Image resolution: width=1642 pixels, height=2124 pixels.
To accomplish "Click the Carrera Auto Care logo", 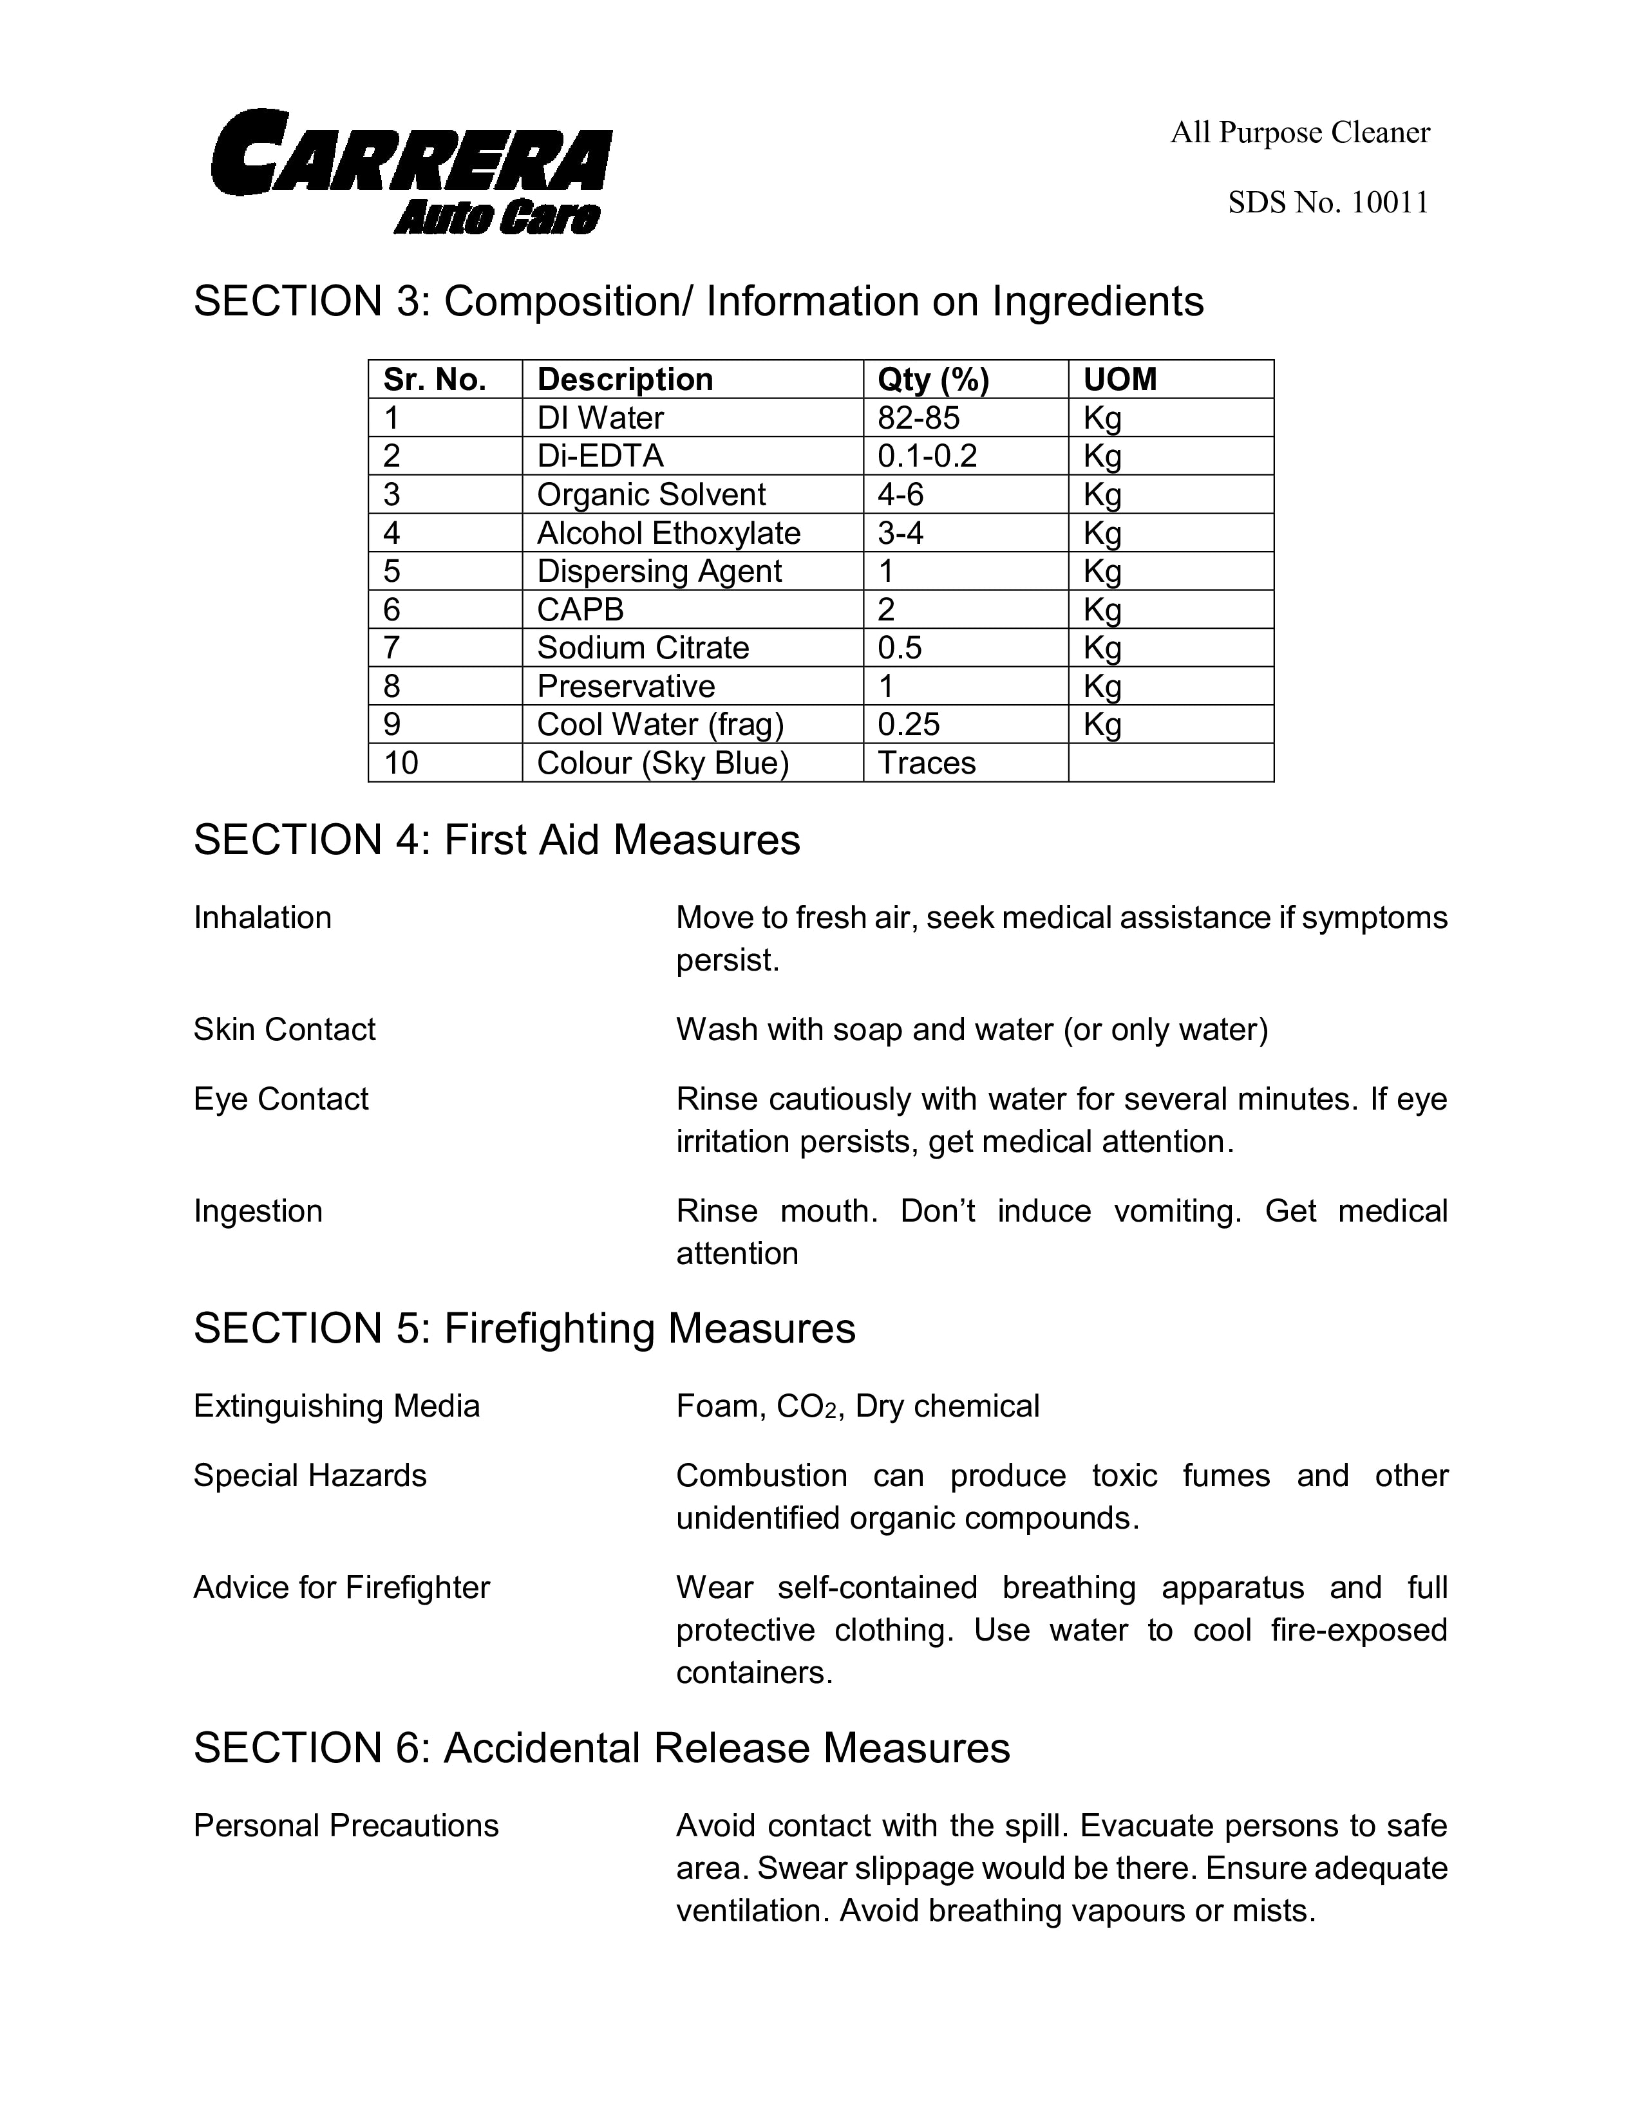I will [411, 171].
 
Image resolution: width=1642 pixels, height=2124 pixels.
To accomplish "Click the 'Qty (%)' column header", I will [933, 379].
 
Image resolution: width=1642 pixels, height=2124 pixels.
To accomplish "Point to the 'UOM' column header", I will [1120, 379].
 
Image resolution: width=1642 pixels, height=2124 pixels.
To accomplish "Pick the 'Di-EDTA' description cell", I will [600, 456].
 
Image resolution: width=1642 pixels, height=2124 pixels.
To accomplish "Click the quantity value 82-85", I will [918, 418].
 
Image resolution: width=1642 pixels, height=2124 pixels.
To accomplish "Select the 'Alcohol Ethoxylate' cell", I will [668, 533].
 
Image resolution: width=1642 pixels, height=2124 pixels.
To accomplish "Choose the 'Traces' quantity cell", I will [926, 763].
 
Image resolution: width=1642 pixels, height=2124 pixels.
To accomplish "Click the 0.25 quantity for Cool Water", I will [909, 725].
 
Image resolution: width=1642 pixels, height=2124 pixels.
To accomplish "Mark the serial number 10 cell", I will [401, 763].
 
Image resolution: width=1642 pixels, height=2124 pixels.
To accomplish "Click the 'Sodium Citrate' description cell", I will [643, 647].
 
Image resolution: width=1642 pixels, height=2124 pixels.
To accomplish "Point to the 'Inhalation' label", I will [263, 917].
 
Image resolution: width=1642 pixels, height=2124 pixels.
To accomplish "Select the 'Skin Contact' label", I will [284, 1029].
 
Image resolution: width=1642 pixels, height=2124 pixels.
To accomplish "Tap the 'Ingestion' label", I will [258, 1211].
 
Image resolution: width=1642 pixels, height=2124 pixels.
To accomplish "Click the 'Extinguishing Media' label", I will [337, 1406].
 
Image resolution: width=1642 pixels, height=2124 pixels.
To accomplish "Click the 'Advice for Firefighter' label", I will [341, 1587].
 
